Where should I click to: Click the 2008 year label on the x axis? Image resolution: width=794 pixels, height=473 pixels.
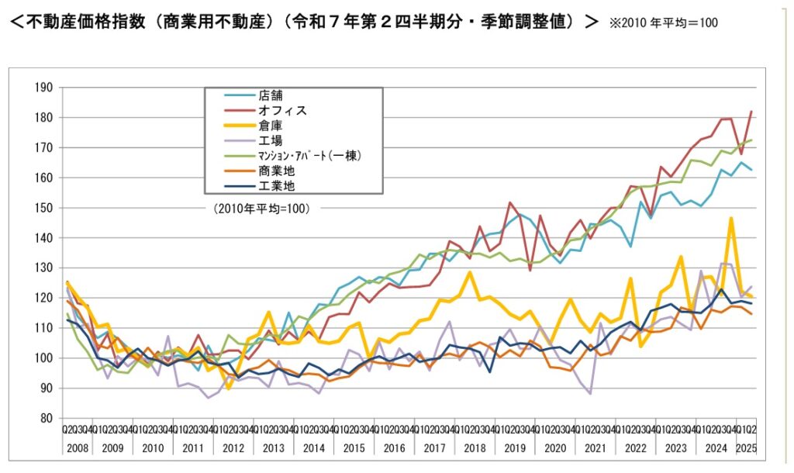point(76,448)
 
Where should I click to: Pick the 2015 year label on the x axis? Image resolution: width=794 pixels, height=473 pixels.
point(354,448)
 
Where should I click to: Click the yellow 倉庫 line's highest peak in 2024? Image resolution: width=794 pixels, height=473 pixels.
point(730,219)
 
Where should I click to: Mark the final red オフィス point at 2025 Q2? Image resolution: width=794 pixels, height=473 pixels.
point(751,112)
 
